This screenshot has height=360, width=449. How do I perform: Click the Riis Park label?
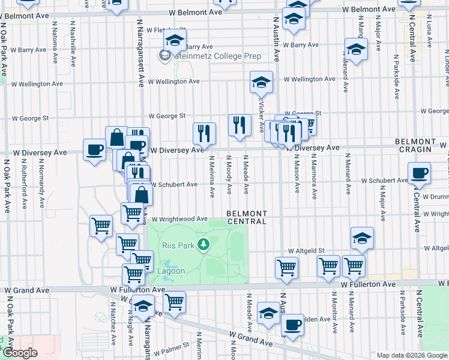[178, 245]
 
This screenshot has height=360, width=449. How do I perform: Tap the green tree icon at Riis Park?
[204, 244]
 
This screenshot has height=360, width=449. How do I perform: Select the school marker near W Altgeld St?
[363, 238]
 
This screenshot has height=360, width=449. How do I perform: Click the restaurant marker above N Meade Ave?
[240, 125]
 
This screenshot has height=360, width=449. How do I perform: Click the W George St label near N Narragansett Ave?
[167, 116]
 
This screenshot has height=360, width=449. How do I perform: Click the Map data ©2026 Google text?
[411, 355]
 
